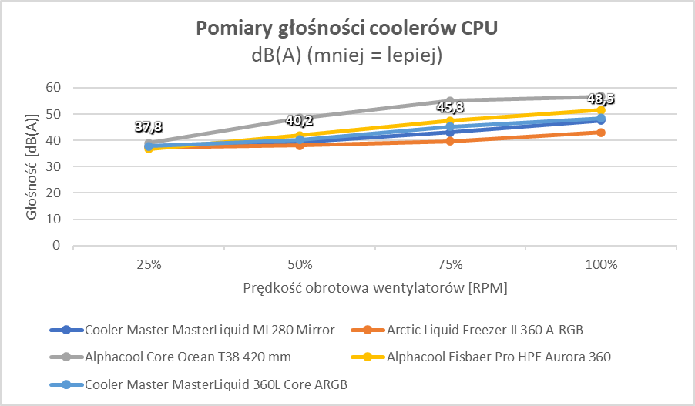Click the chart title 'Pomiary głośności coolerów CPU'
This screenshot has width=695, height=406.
pyautogui.click(x=347, y=29)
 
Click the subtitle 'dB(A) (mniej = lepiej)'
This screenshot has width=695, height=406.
pyautogui.click(x=347, y=55)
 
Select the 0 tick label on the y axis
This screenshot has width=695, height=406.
pyautogui.click(x=55, y=246)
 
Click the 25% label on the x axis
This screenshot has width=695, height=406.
pyautogui.click(x=148, y=265)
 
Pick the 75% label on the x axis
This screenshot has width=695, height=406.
pyautogui.click(x=450, y=265)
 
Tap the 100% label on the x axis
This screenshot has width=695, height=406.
pyautogui.click(x=601, y=265)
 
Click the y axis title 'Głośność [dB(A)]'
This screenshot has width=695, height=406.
pyautogui.click(x=32, y=166)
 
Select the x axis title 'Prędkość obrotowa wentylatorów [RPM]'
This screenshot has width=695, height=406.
pyautogui.click(x=374, y=287)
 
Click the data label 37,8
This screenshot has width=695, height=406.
pyautogui.click(x=148, y=127)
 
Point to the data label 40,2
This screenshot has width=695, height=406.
pyautogui.click(x=299, y=120)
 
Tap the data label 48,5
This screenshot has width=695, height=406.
pyautogui.click(x=601, y=99)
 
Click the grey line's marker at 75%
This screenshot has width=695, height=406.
pyautogui.click(x=450, y=100)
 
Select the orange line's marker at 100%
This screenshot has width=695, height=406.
pyautogui.click(x=601, y=133)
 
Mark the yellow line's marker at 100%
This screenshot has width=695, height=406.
pyautogui.click(x=601, y=110)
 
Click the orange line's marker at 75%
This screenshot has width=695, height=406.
pyautogui.click(x=450, y=141)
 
